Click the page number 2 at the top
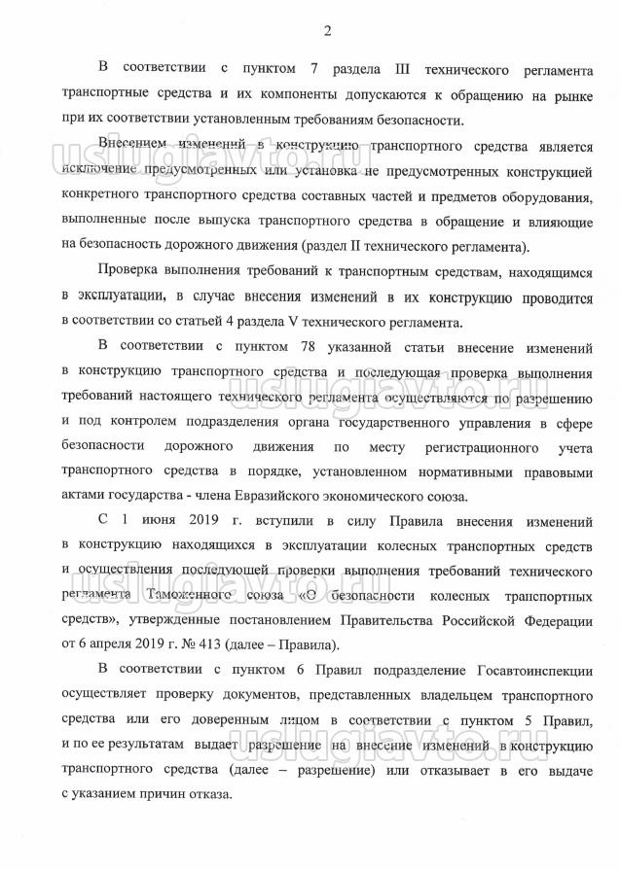[x=327, y=32]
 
